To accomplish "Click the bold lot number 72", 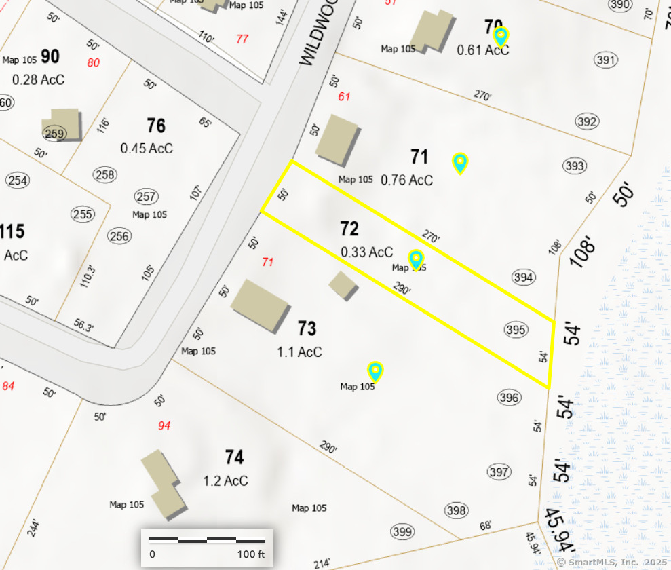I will (x=349, y=229).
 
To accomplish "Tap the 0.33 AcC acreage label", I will (x=366, y=252).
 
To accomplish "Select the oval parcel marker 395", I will (x=516, y=330).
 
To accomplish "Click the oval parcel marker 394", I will (x=524, y=277).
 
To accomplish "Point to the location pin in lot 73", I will (x=375, y=370).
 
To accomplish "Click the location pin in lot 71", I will (x=460, y=163).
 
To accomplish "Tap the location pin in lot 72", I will (x=416, y=259).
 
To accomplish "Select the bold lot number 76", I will (x=156, y=126).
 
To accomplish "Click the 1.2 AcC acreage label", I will (x=225, y=481).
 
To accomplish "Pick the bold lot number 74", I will (x=234, y=457).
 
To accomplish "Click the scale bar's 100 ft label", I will (x=251, y=554).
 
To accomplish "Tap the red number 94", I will (x=164, y=426).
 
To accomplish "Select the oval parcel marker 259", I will (x=54, y=134).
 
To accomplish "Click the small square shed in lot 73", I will (x=343, y=286).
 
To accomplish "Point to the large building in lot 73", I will (x=261, y=305).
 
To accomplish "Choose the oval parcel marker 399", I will (x=402, y=531).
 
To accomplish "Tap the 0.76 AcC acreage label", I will (x=406, y=180).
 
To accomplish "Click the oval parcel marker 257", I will (x=146, y=197).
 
